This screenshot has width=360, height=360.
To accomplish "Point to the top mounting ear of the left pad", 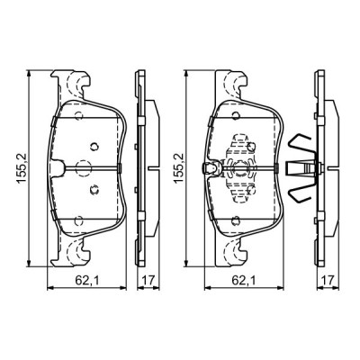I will (73, 85).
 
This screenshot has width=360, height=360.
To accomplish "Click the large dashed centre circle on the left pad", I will (83, 166).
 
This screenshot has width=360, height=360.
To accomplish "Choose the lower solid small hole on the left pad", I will (94, 188).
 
